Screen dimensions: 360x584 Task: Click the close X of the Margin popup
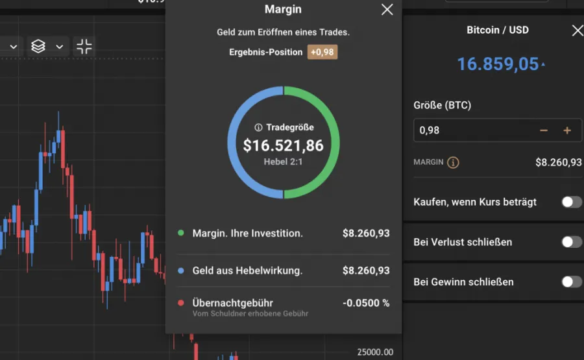(387, 9)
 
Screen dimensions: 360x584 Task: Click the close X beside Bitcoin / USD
(577, 30)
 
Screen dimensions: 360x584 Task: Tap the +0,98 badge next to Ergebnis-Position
(322, 52)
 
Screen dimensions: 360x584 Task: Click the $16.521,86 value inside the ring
(284, 145)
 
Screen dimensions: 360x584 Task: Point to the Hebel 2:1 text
(284, 162)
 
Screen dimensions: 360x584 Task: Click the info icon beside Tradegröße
(258, 128)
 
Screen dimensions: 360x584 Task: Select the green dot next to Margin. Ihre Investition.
(180, 233)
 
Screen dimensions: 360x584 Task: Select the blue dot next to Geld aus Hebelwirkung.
(180, 270)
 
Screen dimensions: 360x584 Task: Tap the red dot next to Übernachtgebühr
(180, 303)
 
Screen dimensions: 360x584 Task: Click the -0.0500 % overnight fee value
(366, 303)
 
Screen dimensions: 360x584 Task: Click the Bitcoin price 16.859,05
(498, 64)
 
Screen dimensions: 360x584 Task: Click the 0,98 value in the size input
(430, 130)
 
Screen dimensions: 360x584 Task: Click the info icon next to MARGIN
(454, 162)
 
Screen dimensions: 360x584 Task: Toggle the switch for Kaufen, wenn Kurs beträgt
(571, 202)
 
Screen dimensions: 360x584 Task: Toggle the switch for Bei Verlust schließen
(571, 242)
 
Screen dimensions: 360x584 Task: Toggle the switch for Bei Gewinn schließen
(571, 282)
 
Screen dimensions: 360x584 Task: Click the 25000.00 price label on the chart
(375, 352)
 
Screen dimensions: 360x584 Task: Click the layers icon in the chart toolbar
(38, 46)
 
